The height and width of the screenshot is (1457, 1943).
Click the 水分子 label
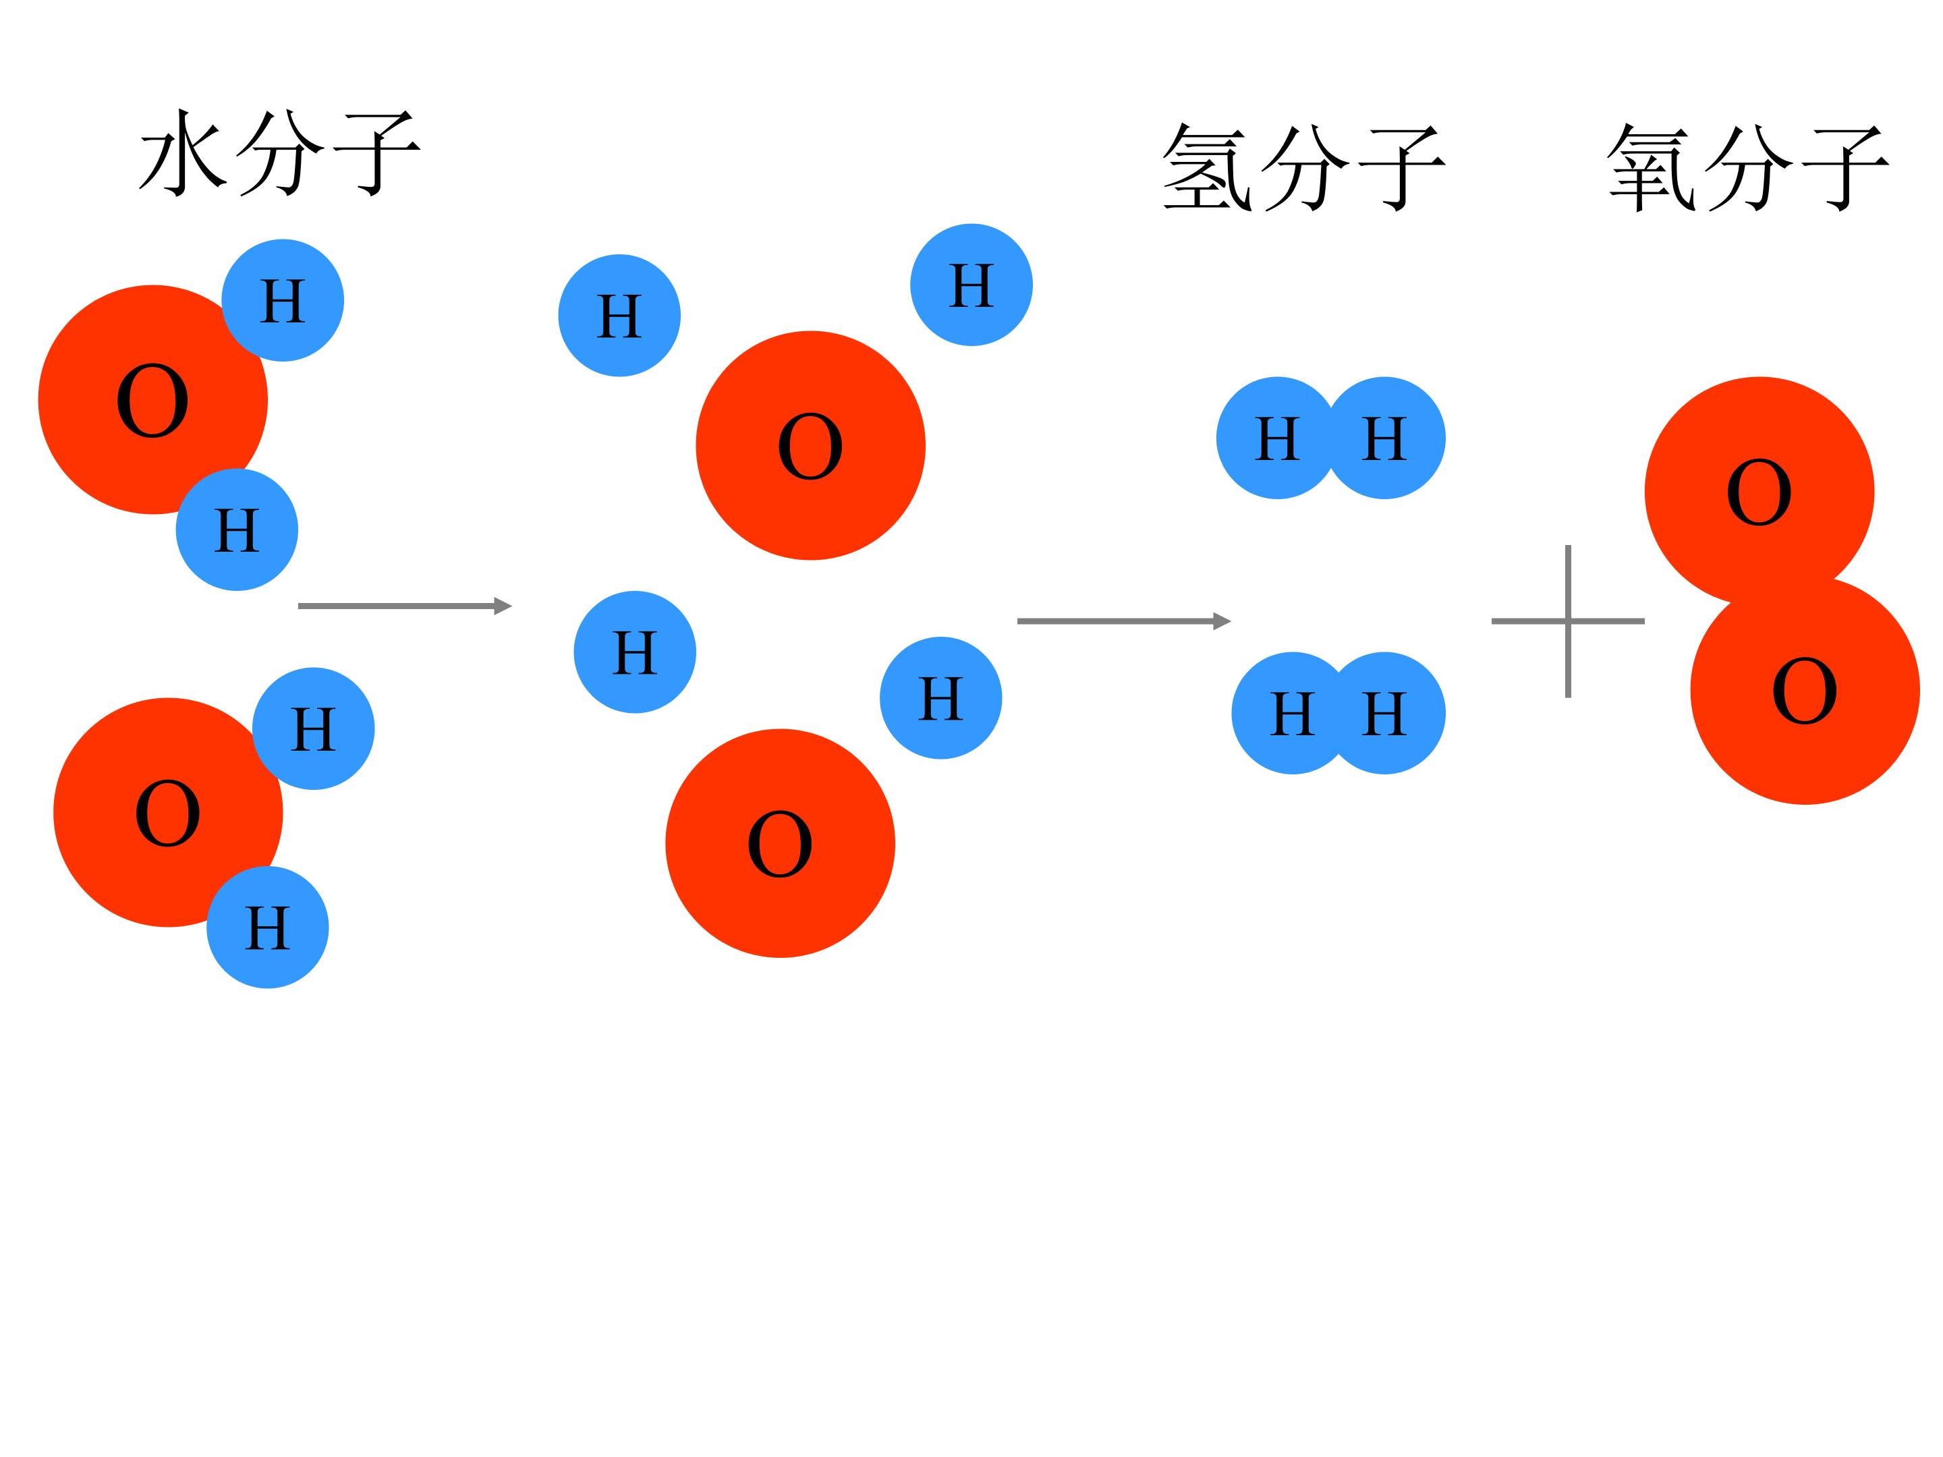[x=280, y=152]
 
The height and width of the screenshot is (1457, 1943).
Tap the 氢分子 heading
[x=1303, y=166]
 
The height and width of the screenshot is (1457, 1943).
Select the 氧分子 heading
[x=1748, y=166]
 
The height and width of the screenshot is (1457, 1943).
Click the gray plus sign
[x=1568, y=621]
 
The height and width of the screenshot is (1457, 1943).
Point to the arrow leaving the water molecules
[x=405, y=606]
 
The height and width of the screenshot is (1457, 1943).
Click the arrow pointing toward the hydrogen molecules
[x=1125, y=621]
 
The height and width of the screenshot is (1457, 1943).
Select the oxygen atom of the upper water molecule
[x=153, y=399]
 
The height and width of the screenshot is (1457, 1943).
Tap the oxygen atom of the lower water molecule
[x=168, y=812]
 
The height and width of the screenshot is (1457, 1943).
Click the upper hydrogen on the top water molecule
[x=283, y=300]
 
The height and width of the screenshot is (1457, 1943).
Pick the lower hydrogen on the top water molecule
[x=237, y=530]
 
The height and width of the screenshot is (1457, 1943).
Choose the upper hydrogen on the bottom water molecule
[x=314, y=729]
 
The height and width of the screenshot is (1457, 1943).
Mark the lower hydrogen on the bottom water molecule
[x=268, y=927]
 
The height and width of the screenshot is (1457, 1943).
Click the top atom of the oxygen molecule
[x=1759, y=492]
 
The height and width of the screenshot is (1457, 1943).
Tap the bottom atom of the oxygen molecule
[x=1805, y=690]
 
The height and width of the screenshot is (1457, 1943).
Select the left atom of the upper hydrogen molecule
[x=1277, y=438]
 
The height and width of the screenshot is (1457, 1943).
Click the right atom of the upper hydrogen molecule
[x=1384, y=438]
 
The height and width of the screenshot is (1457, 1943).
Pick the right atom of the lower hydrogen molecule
[x=1384, y=713]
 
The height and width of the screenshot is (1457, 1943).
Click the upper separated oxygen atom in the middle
[x=811, y=445]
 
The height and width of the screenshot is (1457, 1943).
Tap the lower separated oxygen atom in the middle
[x=780, y=843]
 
